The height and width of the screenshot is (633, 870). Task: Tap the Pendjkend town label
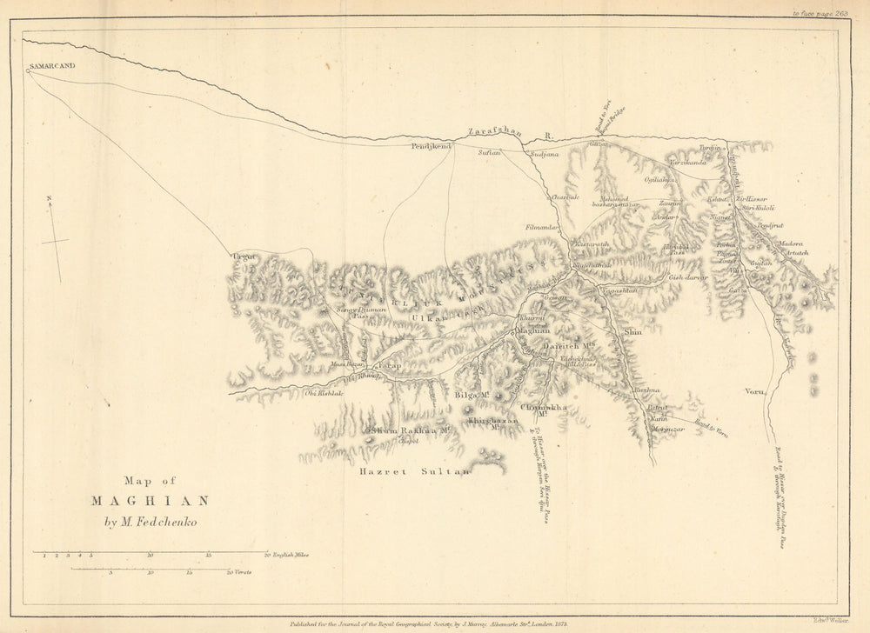[432, 148]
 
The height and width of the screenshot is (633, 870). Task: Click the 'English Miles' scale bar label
[290, 554]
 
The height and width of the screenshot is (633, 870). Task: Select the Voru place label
[753, 391]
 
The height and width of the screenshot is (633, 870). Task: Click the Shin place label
[632, 331]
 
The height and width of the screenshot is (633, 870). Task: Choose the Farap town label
[389, 367]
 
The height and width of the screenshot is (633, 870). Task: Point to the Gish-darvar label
[688, 277]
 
